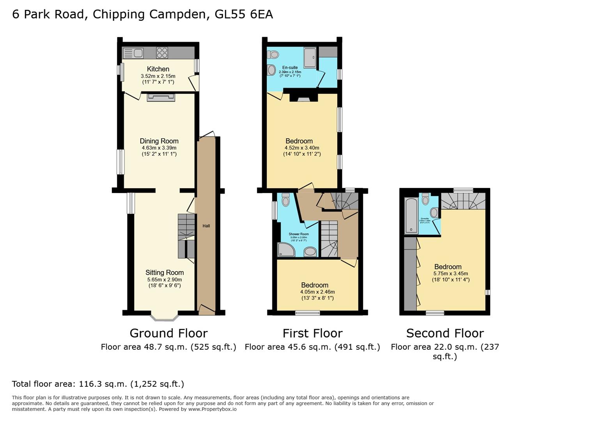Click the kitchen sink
click(x=133, y=53)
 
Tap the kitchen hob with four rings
click(x=162, y=53)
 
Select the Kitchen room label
click(x=158, y=69)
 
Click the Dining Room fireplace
click(x=161, y=97)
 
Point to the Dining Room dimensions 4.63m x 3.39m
click(x=159, y=148)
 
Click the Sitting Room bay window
click(x=164, y=317)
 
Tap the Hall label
click(x=206, y=226)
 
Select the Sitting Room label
click(x=165, y=272)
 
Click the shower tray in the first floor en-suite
click(x=310, y=58)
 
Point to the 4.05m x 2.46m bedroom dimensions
click(x=317, y=292)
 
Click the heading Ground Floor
click(x=168, y=333)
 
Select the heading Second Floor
click(x=445, y=333)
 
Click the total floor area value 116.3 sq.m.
click(x=103, y=384)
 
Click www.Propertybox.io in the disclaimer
click(x=212, y=409)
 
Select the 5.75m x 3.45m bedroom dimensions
click(x=450, y=273)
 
